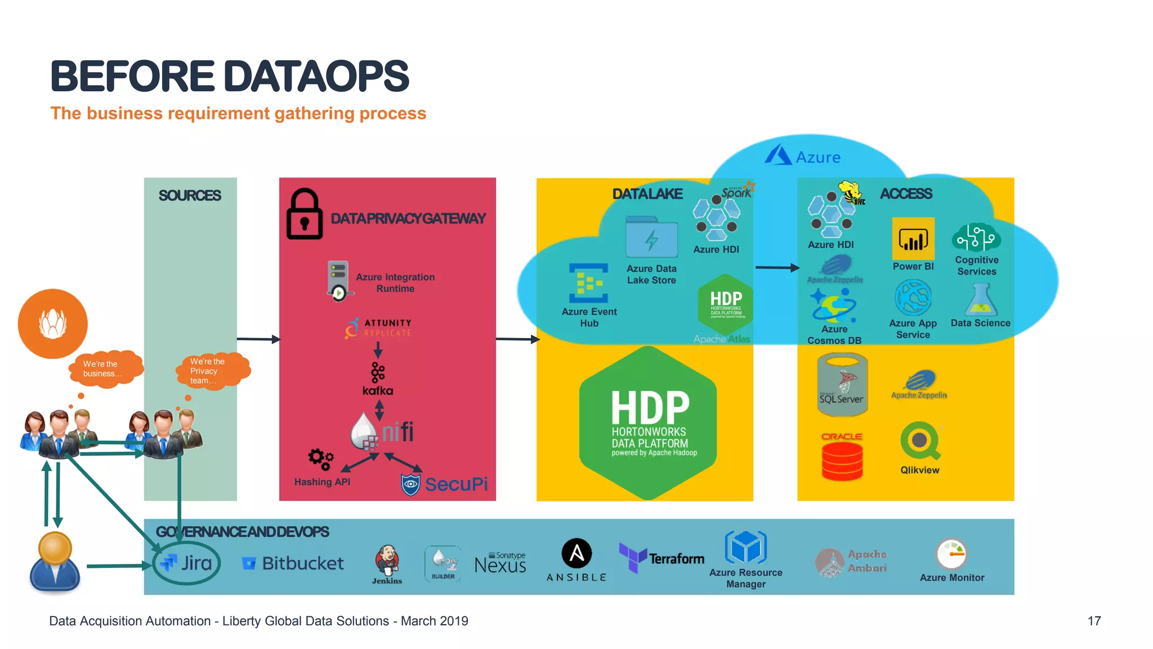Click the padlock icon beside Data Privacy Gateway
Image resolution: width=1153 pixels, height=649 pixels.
click(305, 215)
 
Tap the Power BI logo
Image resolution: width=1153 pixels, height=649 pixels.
click(913, 239)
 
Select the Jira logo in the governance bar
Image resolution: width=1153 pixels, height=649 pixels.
click(186, 563)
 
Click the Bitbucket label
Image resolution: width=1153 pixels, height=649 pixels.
click(303, 563)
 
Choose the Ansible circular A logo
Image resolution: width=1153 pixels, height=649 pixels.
click(576, 553)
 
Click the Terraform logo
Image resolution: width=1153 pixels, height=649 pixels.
click(662, 558)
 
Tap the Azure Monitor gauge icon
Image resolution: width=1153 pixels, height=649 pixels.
click(951, 554)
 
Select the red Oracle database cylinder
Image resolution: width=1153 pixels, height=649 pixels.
click(842, 461)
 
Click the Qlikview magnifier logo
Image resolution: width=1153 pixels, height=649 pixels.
click(920, 441)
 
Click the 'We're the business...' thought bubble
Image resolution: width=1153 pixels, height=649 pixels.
click(105, 369)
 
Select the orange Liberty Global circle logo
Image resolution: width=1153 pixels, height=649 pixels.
click(53, 324)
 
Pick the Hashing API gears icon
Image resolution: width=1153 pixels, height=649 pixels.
click(320, 459)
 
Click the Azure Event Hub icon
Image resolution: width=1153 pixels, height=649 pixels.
click(588, 283)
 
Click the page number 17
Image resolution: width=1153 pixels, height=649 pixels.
click(1094, 621)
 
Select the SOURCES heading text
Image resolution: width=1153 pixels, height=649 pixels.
click(190, 195)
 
